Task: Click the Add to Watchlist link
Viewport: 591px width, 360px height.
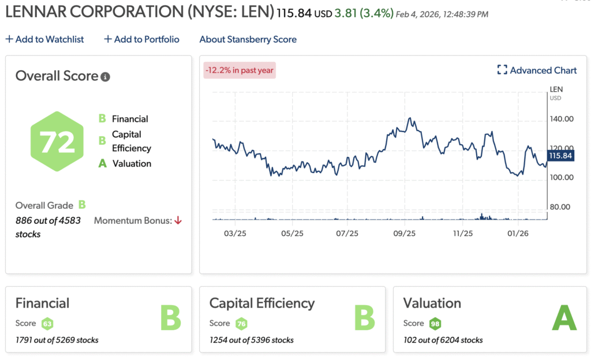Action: (x=44, y=39)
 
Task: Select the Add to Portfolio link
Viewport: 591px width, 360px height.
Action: (x=141, y=39)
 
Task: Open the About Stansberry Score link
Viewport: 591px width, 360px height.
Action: (x=248, y=39)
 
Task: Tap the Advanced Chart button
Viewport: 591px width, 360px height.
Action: (x=537, y=70)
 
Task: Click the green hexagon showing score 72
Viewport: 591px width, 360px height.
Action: (x=57, y=142)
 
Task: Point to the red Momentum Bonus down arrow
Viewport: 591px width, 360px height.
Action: (x=178, y=220)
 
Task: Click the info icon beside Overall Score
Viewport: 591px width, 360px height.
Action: (x=105, y=77)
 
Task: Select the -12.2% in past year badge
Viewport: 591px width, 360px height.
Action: (x=240, y=70)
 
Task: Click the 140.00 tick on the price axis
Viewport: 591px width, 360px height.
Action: (x=561, y=119)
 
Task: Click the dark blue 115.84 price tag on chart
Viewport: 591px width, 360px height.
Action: (x=560, y=156)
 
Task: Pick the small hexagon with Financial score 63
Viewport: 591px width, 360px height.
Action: (x=47, y=324)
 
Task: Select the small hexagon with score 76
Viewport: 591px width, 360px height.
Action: (x=241, y=324)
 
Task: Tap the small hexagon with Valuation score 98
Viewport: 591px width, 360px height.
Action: (x=435, y=324)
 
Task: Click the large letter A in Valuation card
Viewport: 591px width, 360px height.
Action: (x=564, y=318)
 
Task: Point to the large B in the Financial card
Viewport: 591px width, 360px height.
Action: (x=170, y=318)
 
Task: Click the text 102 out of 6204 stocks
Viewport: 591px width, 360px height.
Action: (x=443, y=340)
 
